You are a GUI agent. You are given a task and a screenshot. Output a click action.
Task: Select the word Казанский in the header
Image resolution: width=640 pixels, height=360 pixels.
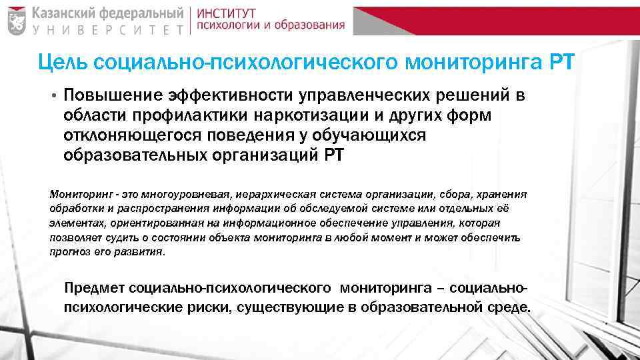pyautogui.click(x=65, y=12)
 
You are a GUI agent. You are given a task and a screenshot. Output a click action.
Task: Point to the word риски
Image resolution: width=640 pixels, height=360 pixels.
pyautogui.click(x=199, y=308)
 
